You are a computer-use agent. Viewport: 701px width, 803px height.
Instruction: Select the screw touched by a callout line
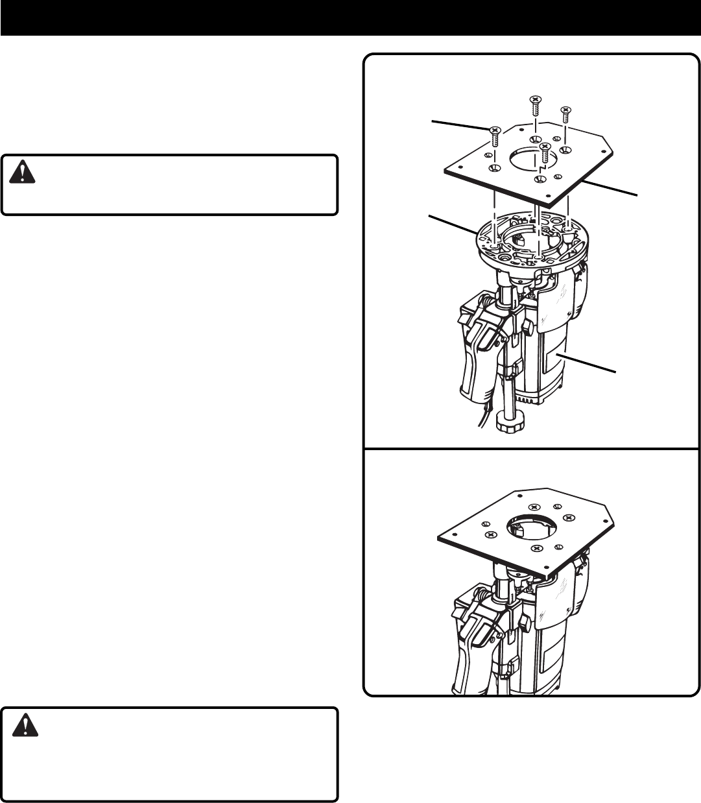[x=494, y=135]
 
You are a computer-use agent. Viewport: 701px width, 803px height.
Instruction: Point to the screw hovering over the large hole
[x=545, y=152]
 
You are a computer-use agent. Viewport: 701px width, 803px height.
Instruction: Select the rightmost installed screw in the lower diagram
[x=569, y=517]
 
